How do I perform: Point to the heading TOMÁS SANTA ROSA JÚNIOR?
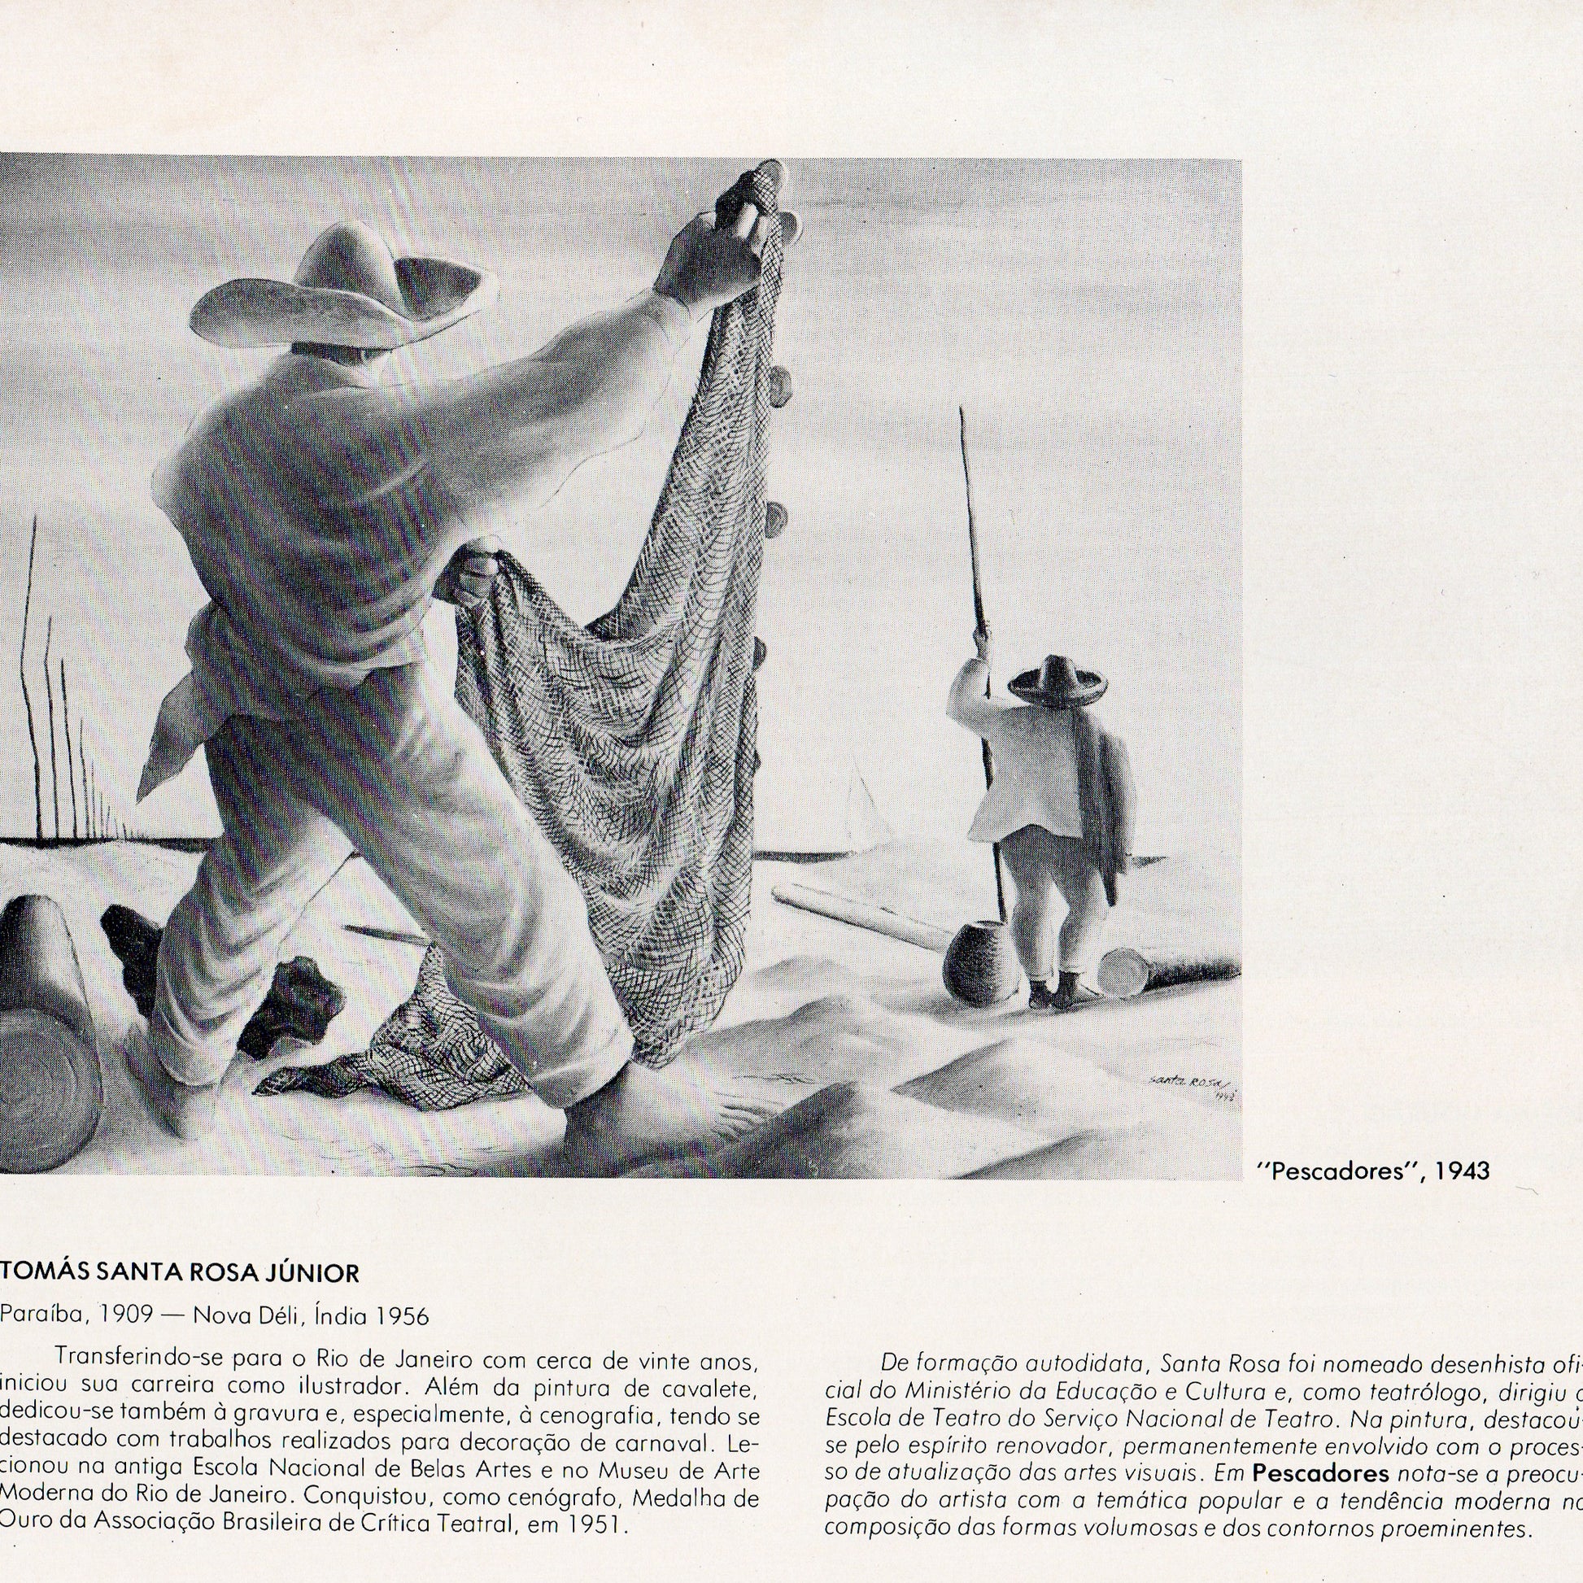181,1272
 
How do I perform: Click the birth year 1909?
124,1316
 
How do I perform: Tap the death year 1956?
403,1316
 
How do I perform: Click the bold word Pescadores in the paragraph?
1320,1450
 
